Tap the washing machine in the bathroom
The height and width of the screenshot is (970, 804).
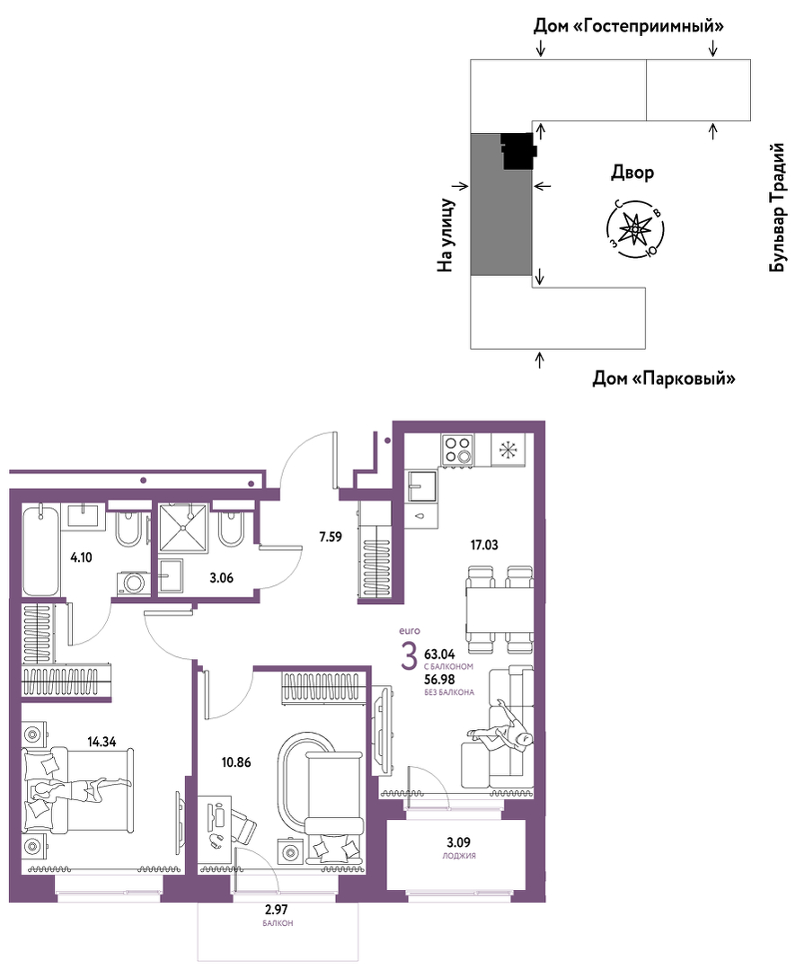tap(132, 583)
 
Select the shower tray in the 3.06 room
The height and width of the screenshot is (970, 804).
tap(183, 527)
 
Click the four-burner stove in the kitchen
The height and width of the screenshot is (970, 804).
tap(457, 449)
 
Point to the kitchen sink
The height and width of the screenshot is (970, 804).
tap(421, 486)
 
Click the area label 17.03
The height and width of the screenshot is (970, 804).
tap(484, 545)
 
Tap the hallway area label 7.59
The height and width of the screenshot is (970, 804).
tap(331, 537)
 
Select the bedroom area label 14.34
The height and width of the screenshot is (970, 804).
tap(102, 741)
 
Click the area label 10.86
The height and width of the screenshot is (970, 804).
tap(236, 762)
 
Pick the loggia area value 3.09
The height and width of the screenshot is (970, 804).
tap(458, 842)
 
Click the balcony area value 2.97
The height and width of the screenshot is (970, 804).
tap(277, 910)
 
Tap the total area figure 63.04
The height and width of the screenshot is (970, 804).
tap(439, 654)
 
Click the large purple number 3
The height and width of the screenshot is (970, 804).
tap(409, 656)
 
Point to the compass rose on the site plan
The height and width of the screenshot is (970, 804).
tap(635, 229)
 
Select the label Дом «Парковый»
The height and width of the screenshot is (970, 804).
tap(665, 378)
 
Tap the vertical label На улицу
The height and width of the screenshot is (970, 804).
tap(446, 235)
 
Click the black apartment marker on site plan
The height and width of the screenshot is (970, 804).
tap(517, 151)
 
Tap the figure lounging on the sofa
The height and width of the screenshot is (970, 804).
tap(502, 730)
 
